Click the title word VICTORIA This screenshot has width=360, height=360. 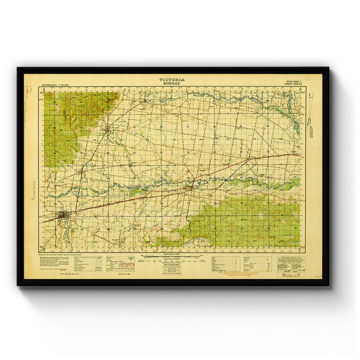[x=172, y=80]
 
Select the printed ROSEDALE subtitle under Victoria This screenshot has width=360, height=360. [x=172, y=83]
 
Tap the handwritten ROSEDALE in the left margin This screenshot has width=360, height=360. [x=33, y=190]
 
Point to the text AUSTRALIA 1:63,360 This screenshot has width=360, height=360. [x=55, y=85]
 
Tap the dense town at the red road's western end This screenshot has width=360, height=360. [x=63, y=215]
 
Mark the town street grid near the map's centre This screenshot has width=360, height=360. [x=190, y=188]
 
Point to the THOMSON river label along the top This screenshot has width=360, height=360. [x=195, y=94]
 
